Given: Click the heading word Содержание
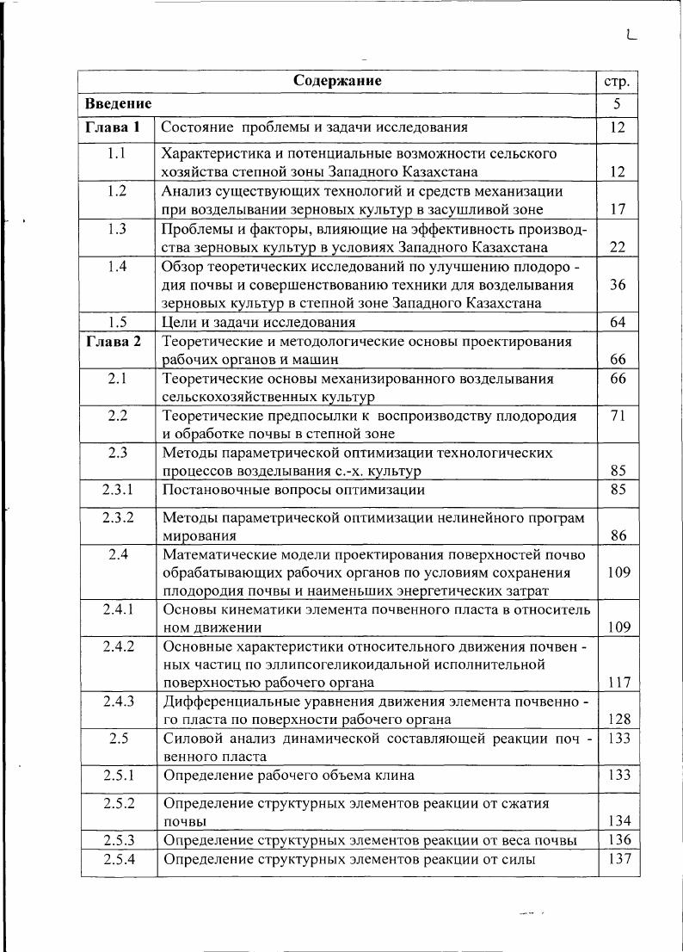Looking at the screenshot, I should [337, 81].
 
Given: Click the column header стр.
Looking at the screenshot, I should [618, 82].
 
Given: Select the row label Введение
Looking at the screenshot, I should [119, 103].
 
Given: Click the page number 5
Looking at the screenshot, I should [618, 104].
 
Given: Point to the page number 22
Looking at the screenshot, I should [618, 247].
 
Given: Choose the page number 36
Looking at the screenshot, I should [618, 284].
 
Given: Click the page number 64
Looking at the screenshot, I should [618, 323].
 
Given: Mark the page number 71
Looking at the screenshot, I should [618, 416].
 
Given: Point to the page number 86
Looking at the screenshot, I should [618, 535].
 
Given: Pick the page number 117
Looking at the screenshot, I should [618, 683].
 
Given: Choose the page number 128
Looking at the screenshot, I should [618, 720].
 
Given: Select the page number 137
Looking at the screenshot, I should [618, 859].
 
